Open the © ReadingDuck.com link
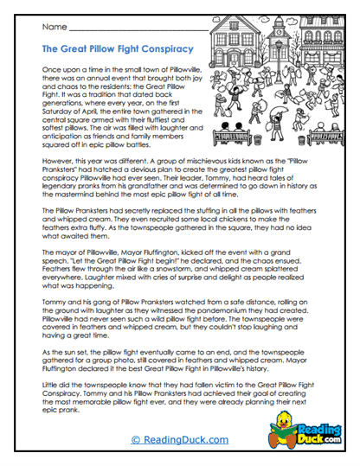[180, 441]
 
